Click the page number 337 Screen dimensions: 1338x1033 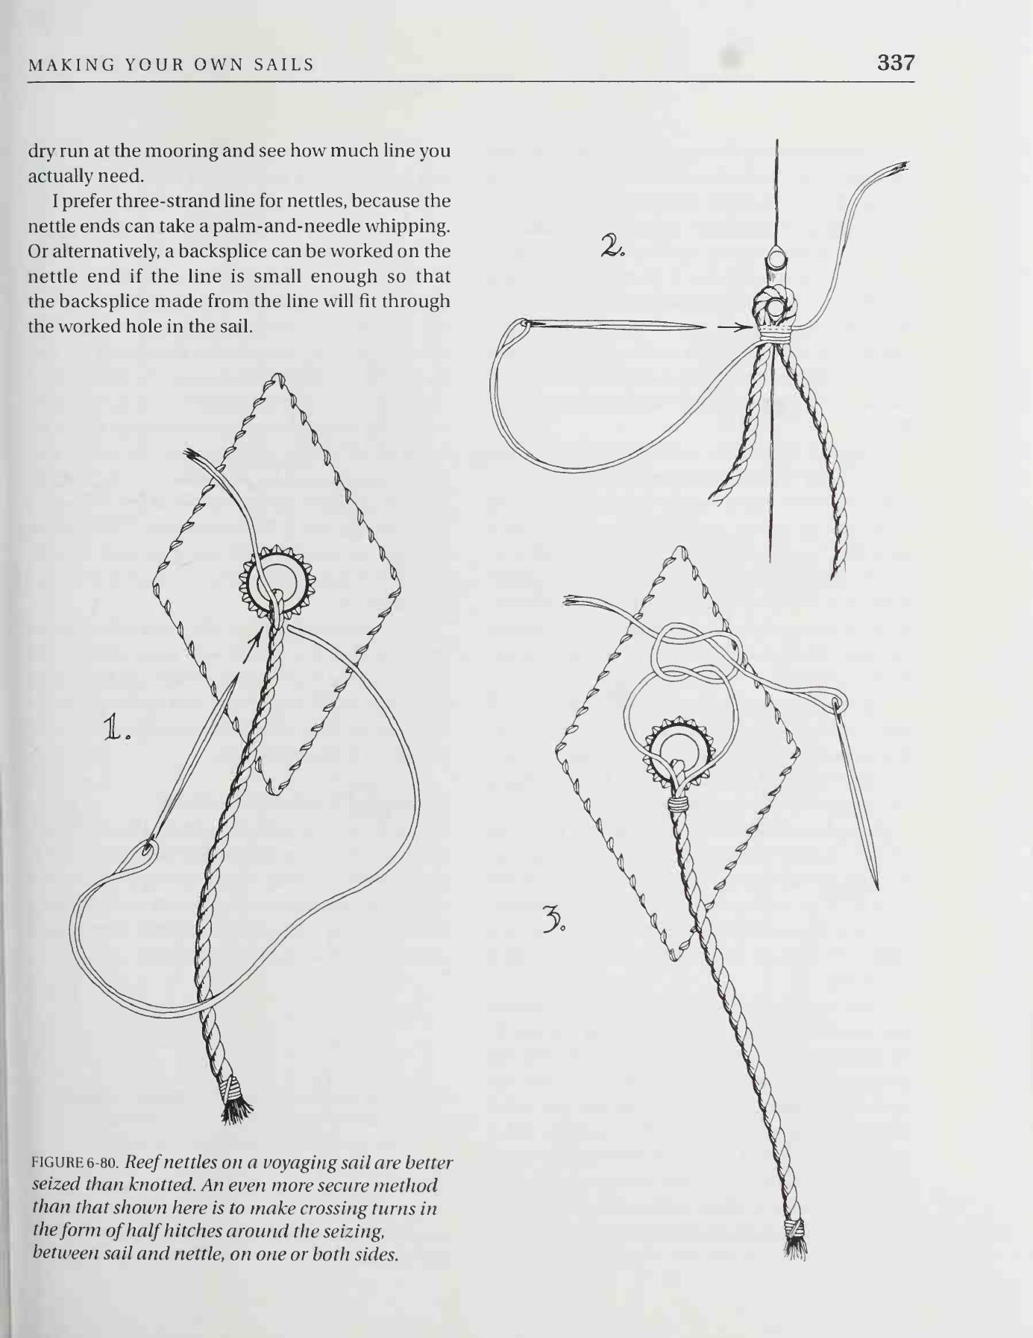click(895, 63)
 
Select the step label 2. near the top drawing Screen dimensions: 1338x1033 click(612, 246)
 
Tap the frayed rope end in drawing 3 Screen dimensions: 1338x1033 click(796, 1240)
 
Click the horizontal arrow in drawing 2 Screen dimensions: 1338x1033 click(735, 326)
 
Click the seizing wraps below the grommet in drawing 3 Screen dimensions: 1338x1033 click(676, 805)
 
